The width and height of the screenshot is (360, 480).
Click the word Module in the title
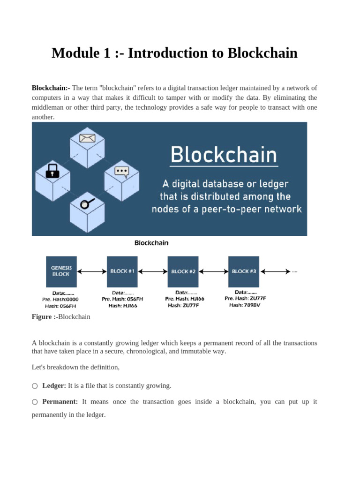coord(74,53)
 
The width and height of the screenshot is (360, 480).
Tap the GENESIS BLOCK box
coord(61,271)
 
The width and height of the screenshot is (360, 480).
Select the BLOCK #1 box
coord(122,271)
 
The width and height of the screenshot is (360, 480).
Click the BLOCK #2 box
coord(183,271)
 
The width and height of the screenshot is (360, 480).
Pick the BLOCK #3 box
coord(244,271)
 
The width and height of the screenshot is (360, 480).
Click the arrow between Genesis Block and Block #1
coord(91,271)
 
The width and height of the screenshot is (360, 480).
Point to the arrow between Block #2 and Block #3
coord(213,271)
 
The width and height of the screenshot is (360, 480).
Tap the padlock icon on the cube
coord(52,171)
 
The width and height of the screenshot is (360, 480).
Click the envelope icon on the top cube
coord(87,138)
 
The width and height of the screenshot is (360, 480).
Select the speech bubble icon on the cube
coord(121,171)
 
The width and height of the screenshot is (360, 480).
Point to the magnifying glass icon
coord(87,203)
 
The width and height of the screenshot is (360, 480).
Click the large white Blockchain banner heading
coord(224,155)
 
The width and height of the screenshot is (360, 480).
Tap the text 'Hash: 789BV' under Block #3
coord(245,305)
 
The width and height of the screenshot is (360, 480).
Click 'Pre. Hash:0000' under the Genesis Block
coord(60,299)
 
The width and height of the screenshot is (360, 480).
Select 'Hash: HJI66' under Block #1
coord(122,306)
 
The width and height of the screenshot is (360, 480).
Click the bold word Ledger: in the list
coord(54,386)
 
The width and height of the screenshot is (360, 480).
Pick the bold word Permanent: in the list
coord(60,402)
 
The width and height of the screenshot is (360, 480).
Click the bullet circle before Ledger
coord(35,386)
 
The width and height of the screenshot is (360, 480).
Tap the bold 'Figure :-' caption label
coord(45,317)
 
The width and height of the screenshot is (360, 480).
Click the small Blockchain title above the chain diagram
coord(151,243)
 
